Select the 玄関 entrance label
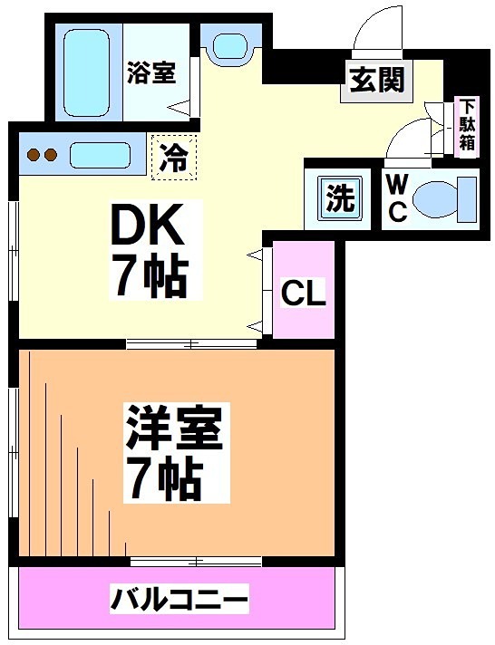tap(375, 82)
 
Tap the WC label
tap(396, 197)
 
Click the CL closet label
tap(303, 293)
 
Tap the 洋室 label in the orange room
tap(173, 429)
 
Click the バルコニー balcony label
tap(179, 599)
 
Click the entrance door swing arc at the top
tap(374, 27)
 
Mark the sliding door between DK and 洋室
tap(192, 343)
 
